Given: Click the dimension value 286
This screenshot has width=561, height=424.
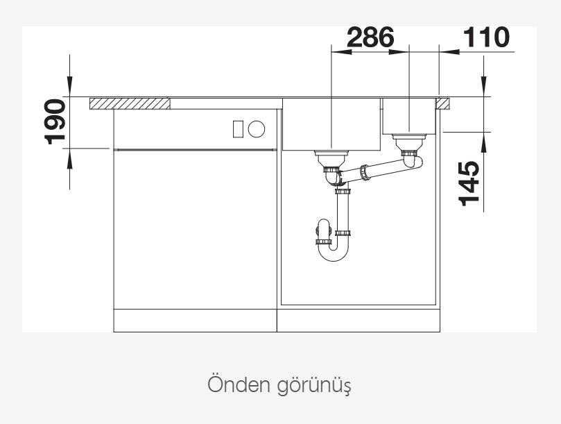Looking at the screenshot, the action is pyautogui.click(x=370, y=37).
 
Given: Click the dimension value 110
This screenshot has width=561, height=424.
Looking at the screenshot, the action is pyautogui.click(x=486, y=37).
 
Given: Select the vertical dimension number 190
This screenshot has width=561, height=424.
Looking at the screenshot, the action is pyautogui.click(x=55, y=121).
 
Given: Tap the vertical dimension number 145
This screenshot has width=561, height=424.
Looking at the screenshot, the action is pyautogui.click(x=469, y=184).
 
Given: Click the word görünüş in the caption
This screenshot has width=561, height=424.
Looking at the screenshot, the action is pyautogui.click(x=314, y=386).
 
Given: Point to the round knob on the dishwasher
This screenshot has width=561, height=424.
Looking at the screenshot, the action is pyautogui.click(x=257, y=128).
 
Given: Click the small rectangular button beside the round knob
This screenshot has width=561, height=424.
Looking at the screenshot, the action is pyautogui.click(x=238, y=129).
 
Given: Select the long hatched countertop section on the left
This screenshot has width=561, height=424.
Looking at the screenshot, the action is pyautogui.click(x=130, y=103).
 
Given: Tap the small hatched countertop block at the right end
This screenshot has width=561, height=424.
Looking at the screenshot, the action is pyautogui.click(x=442, y=103).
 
